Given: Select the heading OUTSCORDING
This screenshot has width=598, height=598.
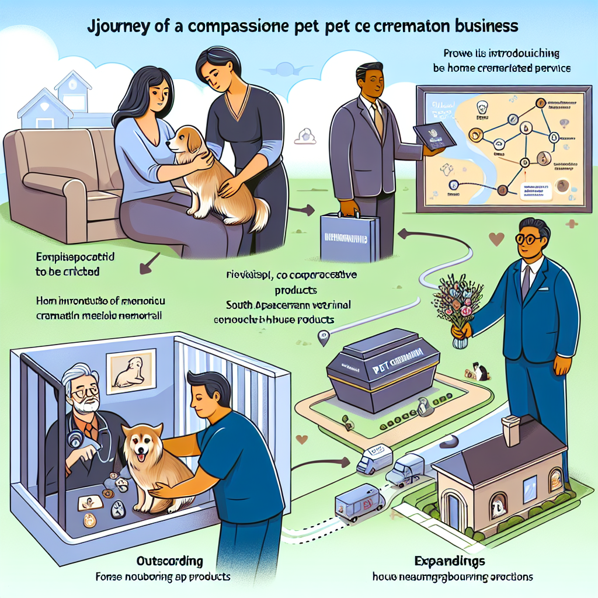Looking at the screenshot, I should (x=169, y=562).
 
